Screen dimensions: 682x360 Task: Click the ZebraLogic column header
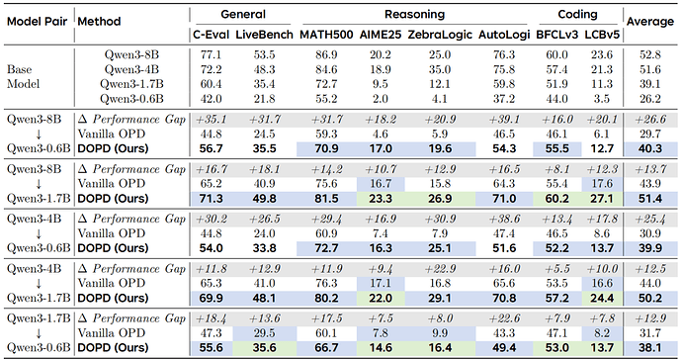[x=440, y=35]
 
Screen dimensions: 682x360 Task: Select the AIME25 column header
[x=381, y=35]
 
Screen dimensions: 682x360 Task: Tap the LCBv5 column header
[x=602, y=35]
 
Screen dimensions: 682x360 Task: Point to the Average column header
[x=649, y=22]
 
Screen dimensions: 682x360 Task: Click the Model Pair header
[x=37, y=22]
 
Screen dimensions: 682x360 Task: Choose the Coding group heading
[x=577, y=15]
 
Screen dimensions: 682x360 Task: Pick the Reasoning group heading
[x=414, y=15]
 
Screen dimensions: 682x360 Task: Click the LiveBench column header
[x=265, y=35]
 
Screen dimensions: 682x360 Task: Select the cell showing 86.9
[x=326, y=54]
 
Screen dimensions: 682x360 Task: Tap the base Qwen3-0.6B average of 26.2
[x=649, y=99]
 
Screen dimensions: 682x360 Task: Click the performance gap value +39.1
[x=504, y=120]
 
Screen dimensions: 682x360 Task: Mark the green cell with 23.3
[x=381, y=199]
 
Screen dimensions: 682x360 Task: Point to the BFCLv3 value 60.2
[x=556, y=199]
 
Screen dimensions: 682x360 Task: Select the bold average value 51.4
[x=649, y=199]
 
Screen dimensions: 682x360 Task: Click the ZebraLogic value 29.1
[x=440, y=298]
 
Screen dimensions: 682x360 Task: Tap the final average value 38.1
[x=649, y=348]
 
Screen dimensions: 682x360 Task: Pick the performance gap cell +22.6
[x=504, y=318]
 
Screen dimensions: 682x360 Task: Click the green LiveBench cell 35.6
[x=265, y=348]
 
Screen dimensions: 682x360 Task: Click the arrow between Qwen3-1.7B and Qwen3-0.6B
[x=39, y=333]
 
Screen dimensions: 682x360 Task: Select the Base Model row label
[x=23, y=76]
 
